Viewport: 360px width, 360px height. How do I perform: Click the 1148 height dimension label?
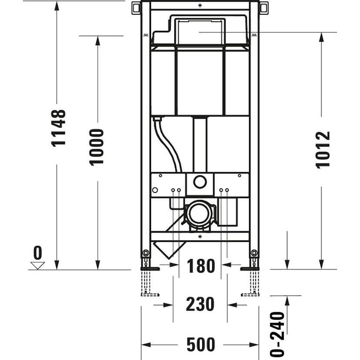coord(59,128)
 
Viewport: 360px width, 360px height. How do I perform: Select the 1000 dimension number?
coord(97,147)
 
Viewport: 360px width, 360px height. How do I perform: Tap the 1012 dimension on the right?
coord(323,149)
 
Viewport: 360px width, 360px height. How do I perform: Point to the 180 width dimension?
coord(201,266)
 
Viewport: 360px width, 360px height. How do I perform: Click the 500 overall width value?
coord(200,345)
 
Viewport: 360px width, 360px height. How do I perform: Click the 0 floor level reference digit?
coord(38,253)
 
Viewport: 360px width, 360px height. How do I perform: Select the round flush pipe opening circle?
coord(200,182)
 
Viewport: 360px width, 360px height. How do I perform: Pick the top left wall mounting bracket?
coord(137,7)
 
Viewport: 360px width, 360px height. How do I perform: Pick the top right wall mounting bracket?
coord(263,7)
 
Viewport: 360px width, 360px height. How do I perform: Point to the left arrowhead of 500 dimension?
coord(146,345)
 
